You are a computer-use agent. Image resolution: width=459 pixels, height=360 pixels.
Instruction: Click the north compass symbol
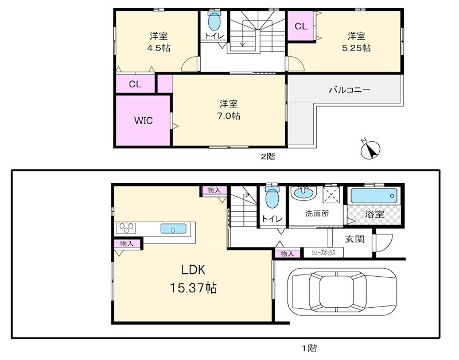(x=371, y=149)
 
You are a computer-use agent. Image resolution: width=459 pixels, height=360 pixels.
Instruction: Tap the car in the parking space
(x=343, y=292)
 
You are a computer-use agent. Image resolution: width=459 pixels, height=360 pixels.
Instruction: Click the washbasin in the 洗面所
(x=304, y=195)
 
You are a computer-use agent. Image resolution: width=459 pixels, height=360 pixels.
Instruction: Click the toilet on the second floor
(x=213, y=22)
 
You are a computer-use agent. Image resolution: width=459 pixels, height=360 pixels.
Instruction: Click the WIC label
(x=143, y=121)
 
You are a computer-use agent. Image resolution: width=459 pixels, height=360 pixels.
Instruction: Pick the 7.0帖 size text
(x=229, y=115)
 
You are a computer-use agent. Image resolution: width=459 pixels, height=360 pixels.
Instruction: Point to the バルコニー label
(x=349, y=90)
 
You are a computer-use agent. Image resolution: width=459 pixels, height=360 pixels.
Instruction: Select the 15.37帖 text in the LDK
(x=193, y=287)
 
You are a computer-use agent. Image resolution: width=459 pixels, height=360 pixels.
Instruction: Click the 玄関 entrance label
(x=355, y=239)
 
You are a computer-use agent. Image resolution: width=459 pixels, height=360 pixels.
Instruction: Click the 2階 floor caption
(x=267, y=156)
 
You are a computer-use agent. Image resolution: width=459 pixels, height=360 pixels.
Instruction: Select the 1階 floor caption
(x=309, y=347)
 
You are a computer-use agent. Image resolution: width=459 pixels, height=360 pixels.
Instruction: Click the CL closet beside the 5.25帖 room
(x=301, y=26)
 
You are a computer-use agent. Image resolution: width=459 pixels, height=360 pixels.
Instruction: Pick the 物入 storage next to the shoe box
(x=288, y=253)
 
